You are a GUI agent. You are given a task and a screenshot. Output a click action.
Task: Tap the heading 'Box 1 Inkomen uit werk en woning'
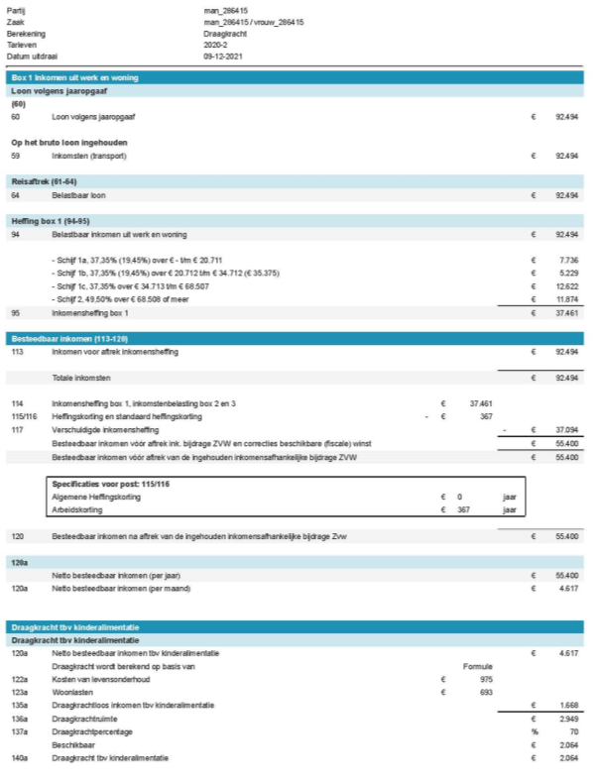74,76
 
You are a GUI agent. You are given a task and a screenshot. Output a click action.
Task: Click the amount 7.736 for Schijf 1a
568,259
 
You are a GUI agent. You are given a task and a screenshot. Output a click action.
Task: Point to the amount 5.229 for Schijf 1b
568,273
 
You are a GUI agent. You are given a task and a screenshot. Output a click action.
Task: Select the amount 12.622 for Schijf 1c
566,285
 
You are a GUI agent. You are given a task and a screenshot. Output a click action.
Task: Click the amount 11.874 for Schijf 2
566,298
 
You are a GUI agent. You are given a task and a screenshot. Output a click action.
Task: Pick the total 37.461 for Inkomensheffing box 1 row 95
566,312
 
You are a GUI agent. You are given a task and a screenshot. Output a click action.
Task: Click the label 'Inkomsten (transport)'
89,156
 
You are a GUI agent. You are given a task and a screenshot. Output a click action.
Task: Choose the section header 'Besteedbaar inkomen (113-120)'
65,338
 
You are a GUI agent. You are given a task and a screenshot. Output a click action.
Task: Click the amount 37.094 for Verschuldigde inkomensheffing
566,430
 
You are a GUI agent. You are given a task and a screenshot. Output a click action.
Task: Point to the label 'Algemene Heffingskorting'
94,497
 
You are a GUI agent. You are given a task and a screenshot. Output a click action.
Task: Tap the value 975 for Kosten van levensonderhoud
486,679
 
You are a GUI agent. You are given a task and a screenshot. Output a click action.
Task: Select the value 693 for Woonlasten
486,692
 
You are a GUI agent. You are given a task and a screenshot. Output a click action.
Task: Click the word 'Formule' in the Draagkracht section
477,666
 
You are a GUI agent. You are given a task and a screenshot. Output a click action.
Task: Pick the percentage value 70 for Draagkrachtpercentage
572,731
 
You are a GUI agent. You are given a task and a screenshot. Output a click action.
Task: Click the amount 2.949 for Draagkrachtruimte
568,718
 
